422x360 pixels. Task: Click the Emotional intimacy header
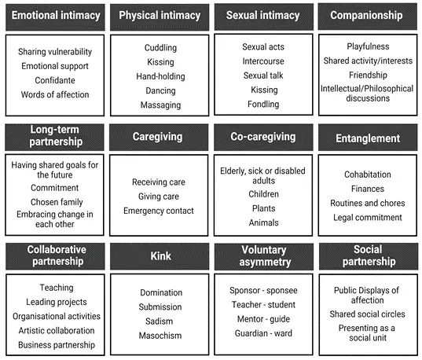(56, 16)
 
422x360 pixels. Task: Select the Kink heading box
(160, 256)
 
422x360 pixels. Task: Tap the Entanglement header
(368, 138)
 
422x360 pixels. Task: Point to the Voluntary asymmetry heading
(264, 256)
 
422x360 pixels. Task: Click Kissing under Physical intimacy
(160, 62)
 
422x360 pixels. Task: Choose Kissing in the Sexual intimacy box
(264, 90)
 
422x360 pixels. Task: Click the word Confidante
(55, 80)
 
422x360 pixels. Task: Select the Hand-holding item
(160, 76)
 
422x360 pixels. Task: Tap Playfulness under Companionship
(368, 46)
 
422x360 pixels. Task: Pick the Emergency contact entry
(159, 211)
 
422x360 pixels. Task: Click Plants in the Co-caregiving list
(264, 208)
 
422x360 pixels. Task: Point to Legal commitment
(368, 218)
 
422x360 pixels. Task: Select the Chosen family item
(57, 202)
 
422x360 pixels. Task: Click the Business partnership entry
(57, 345)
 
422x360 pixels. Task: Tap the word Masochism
(160, 336)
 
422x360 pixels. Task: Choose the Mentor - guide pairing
(263, 319)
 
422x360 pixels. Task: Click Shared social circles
(367, 314)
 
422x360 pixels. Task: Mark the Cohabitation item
(368, 174)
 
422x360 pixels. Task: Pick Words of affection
(55, 95)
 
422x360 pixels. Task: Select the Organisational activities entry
(57, 317)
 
